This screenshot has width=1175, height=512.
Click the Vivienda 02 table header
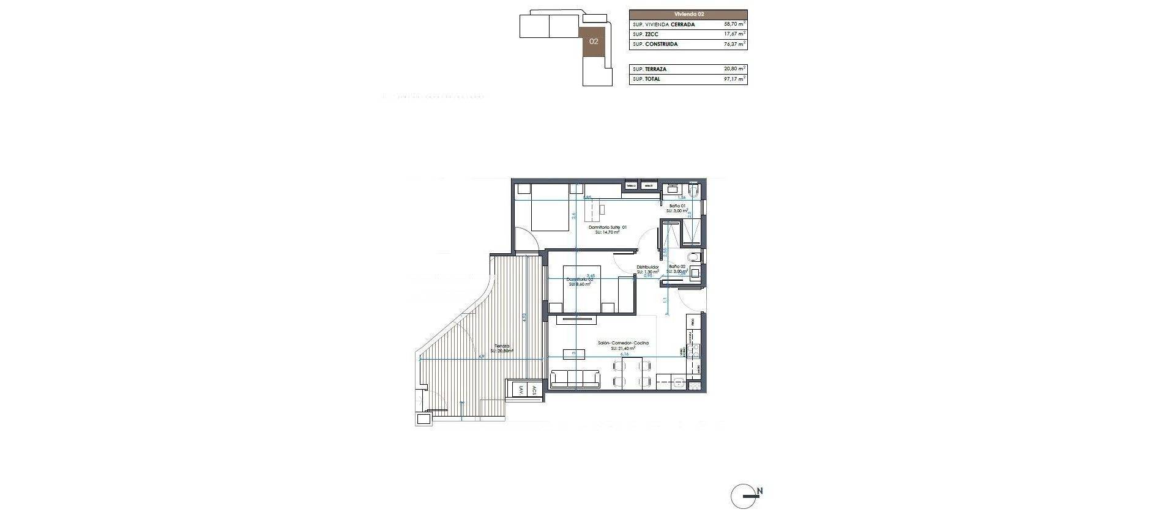[x=688, y=13]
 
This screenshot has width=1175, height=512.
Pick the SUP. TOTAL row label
[x=647, y=80]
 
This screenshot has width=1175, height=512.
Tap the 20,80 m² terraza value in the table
[x=734, y=70]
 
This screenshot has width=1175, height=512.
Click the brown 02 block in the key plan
[x=593, y=42]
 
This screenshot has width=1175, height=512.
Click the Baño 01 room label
[x=677, y=207]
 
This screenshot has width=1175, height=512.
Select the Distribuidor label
[x=647, y=267]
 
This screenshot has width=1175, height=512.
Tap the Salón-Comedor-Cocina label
[x=623, y=343]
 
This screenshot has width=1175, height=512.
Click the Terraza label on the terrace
[x=502, y=346]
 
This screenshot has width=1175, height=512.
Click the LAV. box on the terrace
[x=520, y=390]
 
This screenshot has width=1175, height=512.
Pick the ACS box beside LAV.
[x=534, y=390]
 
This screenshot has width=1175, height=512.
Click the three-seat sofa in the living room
[x=147, y=380]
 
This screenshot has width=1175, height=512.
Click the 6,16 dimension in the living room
[x=625, y=354]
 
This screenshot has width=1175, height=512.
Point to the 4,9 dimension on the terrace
[x=481, y=356]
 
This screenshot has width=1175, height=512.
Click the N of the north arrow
[x=760, y=491]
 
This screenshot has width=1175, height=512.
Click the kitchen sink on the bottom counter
[x=678, y=384]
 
